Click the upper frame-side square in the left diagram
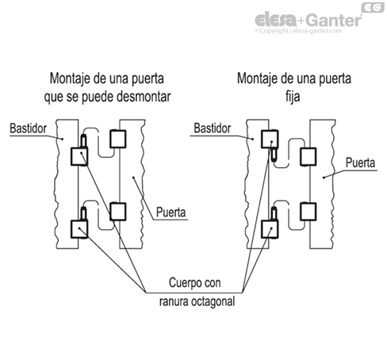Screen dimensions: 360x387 [79, 155]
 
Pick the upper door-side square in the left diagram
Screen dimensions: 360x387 [118, 140]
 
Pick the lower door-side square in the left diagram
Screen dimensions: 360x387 [118, 211]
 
